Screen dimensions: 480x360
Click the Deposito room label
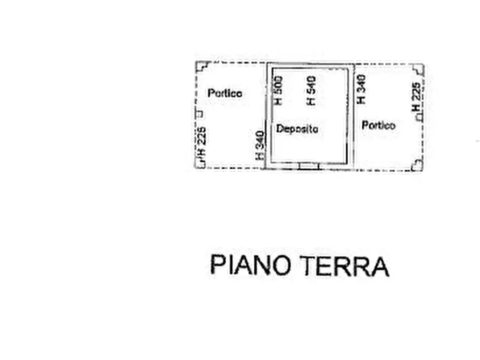[x=297, y=129]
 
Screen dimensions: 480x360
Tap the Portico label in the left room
[x=225, y=93]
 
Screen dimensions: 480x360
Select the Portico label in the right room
[x=378, y=125]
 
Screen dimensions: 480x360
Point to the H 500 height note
[x=278, y=90]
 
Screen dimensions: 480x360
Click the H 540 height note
[x=311, y=90]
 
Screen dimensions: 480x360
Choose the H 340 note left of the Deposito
[x=260, y=145]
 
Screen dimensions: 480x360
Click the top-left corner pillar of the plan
[x=202, y=67]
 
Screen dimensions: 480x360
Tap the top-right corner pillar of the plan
[x=418, y=69]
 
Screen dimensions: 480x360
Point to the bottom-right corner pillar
[x=417, y=164]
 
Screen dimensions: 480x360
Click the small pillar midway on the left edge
[x=198, y=113]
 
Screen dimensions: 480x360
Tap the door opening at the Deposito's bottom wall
[x=309, y=165]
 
